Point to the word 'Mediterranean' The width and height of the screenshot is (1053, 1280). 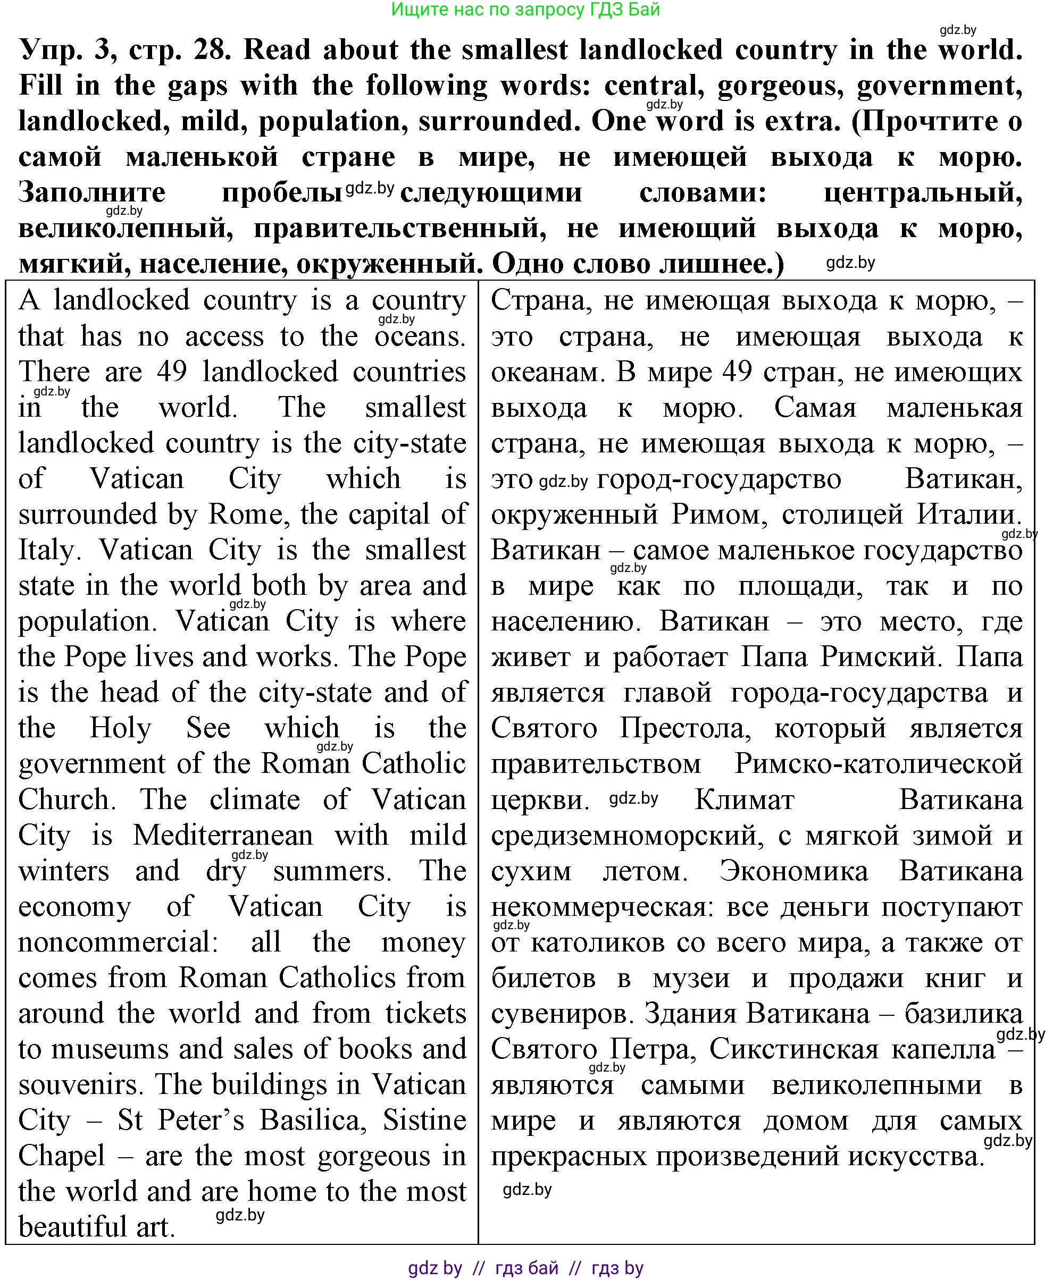point(223,836)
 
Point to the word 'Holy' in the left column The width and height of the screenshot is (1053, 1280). point(120,729)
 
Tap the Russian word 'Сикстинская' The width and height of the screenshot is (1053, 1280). point(794,1050)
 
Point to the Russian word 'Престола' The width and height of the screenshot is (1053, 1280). point(685,729)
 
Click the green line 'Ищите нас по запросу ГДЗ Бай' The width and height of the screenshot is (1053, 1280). point(525,10)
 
